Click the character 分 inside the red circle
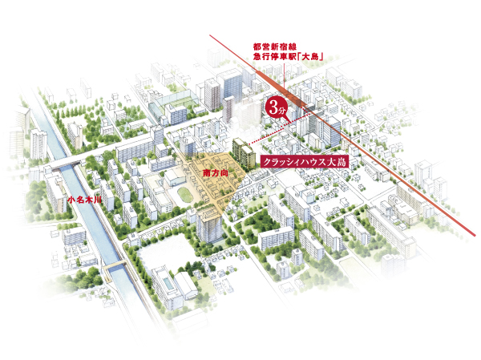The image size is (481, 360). tap(282, 107)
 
